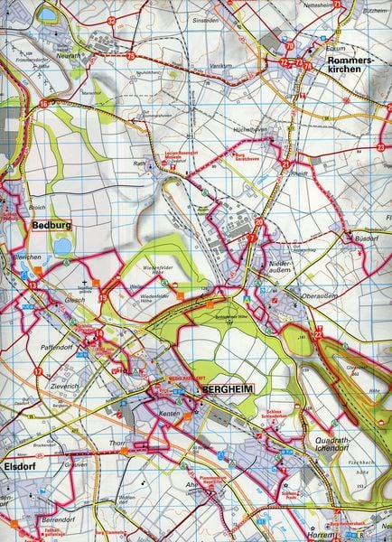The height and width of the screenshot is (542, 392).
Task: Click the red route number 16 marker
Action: [43, 106]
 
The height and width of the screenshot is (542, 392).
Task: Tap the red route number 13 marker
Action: [33, 286]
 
